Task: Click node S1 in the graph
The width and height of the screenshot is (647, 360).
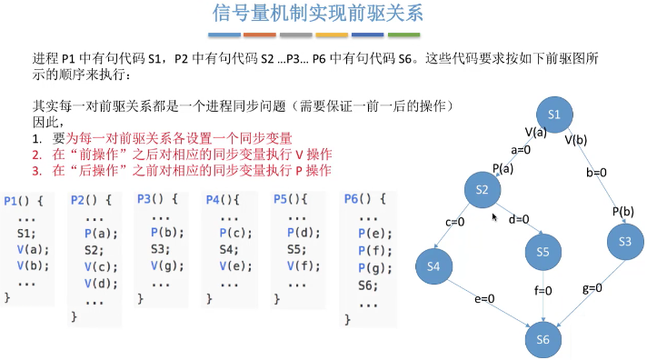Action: click(561, 115)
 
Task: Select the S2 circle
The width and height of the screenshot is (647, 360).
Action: click(483, 189)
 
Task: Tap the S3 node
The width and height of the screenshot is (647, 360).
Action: click(624, 242)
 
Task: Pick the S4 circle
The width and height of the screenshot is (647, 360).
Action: click(433, 266)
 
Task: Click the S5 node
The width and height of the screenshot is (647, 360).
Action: click(543, 253)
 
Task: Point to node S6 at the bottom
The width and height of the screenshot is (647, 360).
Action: click(542, 338)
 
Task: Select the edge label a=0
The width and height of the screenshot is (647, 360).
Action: click(521, 149)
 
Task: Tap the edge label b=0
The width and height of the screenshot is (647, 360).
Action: click(596, 173)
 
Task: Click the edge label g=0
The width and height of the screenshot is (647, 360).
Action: click(592, 288)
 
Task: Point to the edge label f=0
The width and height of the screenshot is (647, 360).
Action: click(544, 291)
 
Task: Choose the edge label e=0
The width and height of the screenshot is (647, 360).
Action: click(484, 298)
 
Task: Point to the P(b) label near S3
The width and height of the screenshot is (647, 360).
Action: click(622, 211)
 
